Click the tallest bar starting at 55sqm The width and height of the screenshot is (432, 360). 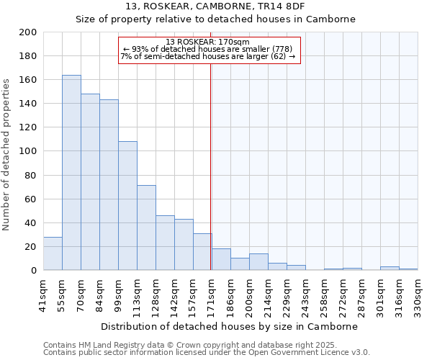[71, 173]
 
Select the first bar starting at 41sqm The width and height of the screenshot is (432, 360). [53, 253]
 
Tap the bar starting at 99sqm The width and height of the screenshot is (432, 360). [127, 206]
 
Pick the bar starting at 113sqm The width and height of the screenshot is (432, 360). [146, 228]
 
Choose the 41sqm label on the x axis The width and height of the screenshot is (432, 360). [43, 295]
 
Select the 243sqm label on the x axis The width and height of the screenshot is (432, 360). [305, 295]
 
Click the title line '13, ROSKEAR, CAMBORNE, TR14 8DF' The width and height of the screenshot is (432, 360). [216, 6]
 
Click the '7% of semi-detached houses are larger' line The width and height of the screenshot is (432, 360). [207, 56]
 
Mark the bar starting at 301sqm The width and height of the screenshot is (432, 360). [390, 269]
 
